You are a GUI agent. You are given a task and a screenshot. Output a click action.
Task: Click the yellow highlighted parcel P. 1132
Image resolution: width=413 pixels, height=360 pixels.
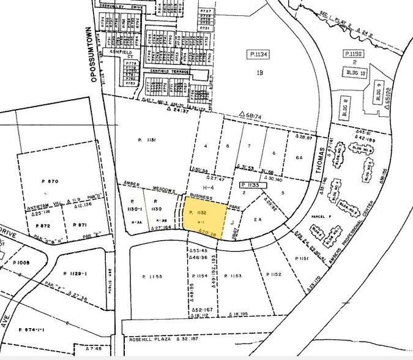pos(204,216)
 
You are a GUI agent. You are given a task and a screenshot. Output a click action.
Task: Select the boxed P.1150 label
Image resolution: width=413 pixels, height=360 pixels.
pos(354,54)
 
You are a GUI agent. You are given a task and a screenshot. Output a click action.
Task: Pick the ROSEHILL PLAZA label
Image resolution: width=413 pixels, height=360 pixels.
pos(151,338)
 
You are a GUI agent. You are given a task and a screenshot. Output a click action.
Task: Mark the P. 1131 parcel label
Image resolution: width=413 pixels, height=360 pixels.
pos(148,140)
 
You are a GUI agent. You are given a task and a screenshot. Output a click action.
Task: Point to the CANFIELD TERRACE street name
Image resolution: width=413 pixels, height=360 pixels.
pos(169,72)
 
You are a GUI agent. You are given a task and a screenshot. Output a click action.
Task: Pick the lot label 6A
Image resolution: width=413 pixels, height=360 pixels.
pos(299,157)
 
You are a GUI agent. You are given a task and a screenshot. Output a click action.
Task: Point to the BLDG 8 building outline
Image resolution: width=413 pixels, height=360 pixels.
pos(346,102)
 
